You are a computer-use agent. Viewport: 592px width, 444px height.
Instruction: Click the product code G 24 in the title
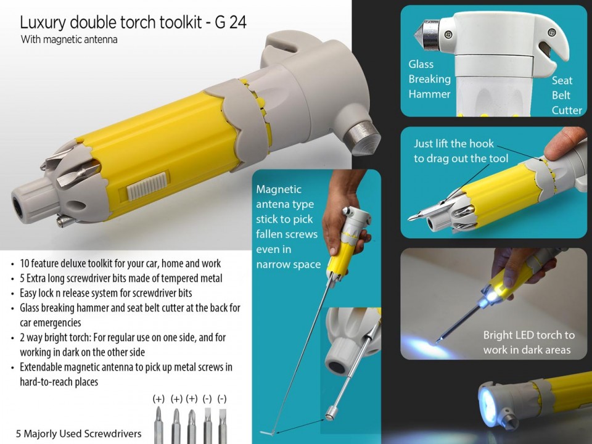[231, 22]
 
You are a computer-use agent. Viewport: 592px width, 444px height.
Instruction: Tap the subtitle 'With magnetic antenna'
[69, 39]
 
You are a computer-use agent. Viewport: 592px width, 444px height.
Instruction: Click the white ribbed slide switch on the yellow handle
[147, 186]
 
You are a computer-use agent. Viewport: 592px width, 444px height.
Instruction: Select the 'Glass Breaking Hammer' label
[430, 79]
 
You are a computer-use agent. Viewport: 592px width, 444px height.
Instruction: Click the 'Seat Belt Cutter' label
[567, 95]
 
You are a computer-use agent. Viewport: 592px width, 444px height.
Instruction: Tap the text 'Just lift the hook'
[453, 144]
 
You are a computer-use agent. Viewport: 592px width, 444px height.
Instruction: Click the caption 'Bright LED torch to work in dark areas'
[528, 342]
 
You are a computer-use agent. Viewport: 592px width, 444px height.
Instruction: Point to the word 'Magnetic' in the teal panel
[279, 189]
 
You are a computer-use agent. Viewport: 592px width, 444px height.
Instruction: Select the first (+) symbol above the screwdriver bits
[158, 399]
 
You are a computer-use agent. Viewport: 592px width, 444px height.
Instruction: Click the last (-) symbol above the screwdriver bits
[222, 399]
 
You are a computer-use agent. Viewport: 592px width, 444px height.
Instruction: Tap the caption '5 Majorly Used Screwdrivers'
[78, 434]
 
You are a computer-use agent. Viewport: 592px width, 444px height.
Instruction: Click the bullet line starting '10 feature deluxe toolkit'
[120, 263]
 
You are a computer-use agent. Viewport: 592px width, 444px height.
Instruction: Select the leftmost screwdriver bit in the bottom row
[158, 425]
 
